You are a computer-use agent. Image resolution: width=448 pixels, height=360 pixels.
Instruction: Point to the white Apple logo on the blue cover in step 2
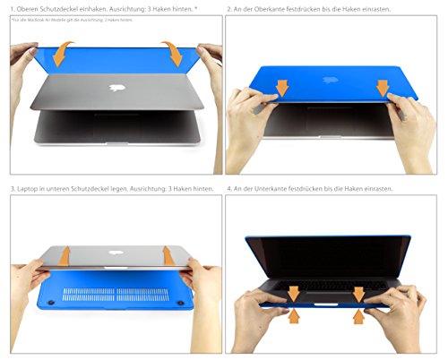point(334,78)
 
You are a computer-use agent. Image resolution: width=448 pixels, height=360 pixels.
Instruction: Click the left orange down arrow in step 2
point(281,88)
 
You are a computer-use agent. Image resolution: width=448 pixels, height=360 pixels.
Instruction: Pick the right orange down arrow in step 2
point(383,88)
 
